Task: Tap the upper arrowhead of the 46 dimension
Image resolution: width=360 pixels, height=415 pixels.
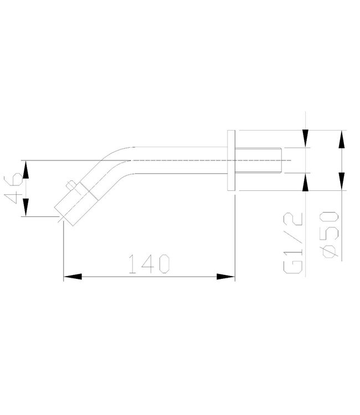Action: pos(24,168)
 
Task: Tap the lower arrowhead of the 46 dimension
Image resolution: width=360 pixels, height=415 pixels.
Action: pos(24,209)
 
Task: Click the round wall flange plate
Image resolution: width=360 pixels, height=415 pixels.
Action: pos(232,160)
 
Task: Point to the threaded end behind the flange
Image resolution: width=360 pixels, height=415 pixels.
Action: pos(260,160)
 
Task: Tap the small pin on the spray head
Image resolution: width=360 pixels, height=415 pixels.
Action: pos(70,185)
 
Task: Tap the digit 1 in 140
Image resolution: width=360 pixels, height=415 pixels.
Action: pos(132,264)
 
